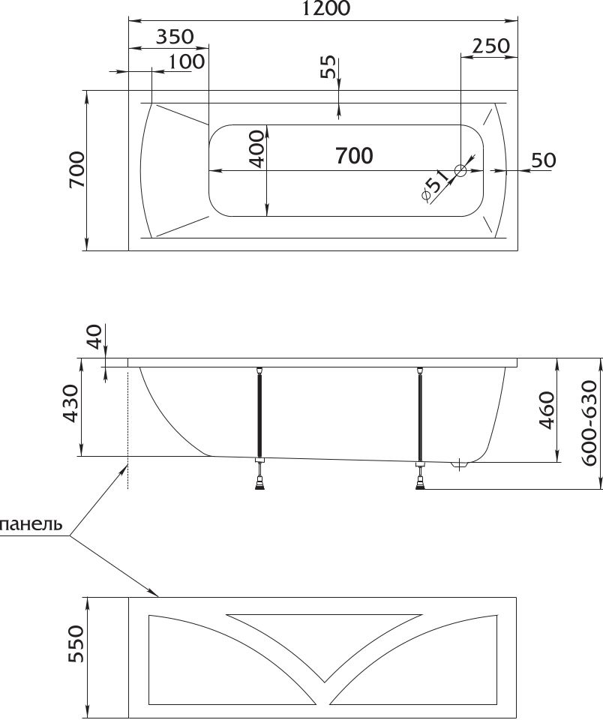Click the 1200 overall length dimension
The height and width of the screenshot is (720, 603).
click(x=325, y=8)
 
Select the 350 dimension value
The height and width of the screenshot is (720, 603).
click(x=175, y=37)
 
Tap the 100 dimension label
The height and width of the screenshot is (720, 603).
click(x=186, y=61)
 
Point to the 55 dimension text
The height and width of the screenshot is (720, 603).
click(x=328, y=67)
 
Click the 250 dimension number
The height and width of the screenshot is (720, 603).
click(x=491, y=46)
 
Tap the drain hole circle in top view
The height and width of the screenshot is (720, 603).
click(x=460, y=171)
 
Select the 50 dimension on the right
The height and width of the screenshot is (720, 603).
click(x=544, y=160)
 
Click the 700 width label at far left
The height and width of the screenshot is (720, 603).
click(x=77, y=169)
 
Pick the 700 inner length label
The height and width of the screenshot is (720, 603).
click(x=354, y=156)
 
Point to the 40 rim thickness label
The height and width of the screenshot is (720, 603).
click(x=94, y=336)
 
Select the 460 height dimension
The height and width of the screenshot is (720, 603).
click(x=547, y=410)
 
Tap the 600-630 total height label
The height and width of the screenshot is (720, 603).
click(x=590, y=423)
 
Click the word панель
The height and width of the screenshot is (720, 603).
click(x=31, y=524)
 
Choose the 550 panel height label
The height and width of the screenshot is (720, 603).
click(x=76, y=643)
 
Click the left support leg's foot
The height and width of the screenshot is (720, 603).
click(x=260, y=483)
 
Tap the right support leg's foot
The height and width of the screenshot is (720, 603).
click(x=420, y=483)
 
